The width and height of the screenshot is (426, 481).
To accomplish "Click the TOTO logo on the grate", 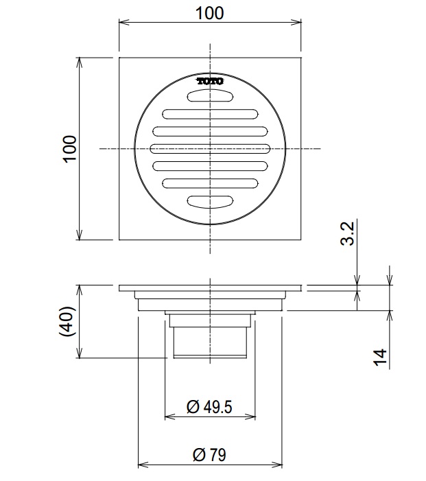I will point(210,81).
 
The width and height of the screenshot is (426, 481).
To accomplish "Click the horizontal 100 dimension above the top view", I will point(209,13).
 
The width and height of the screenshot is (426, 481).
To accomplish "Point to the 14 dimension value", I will point(379,357).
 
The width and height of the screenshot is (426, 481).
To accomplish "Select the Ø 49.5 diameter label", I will point(209,407).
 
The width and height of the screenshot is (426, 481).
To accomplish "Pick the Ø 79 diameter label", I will point(209,454).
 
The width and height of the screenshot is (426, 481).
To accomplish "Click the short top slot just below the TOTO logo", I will point(210,96).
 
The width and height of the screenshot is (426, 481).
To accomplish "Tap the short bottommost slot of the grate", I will point(210,201).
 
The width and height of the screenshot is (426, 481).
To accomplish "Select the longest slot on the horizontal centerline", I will point(210,148).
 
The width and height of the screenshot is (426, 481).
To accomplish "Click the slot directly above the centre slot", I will point(210,130).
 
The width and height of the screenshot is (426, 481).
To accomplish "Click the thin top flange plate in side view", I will point(210,287).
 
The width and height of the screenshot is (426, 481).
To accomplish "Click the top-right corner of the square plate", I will point(301,58).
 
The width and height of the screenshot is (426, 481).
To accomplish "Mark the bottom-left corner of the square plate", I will point(119,239).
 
